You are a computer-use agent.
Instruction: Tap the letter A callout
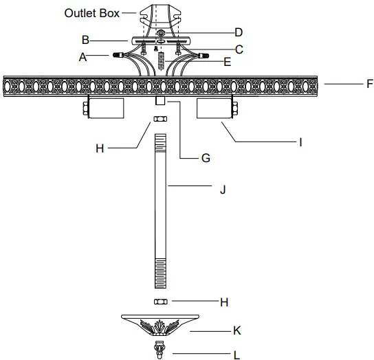tap(82, 58)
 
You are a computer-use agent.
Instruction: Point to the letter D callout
tap(239, 32)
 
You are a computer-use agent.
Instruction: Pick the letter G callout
tap(205, 157)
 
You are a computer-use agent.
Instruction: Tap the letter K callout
tap(237, 330)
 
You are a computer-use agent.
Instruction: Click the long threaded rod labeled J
tap(159, 213)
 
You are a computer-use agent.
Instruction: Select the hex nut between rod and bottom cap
tap(159, 302)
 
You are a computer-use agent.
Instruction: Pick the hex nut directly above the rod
tap(159, 120)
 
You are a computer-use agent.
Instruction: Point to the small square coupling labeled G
tap(159, 101)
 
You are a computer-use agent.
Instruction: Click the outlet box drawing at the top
tap(159, 17)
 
